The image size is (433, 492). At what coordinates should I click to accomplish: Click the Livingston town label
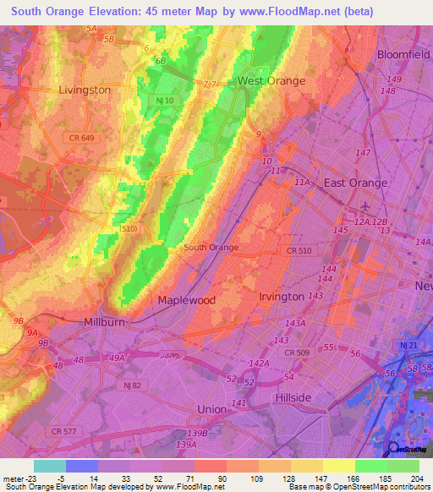click(x=85, y=90)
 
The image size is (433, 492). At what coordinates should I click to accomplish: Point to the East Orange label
click(x=356, y=183)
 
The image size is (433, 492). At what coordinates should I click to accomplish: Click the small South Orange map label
click(x=211, y=248)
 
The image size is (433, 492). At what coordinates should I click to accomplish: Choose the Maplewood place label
click(x=187, y=300)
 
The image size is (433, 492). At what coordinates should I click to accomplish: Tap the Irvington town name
click(x=282, y=297)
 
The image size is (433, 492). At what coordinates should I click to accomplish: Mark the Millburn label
click(x=105, y=322)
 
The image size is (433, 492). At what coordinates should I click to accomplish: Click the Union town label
click(x=211, y=409)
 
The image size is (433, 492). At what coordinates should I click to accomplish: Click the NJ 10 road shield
click(x=166, y=101)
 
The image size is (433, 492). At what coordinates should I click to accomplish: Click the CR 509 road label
click(x=297, y=353)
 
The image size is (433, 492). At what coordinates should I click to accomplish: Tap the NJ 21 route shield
click(x=409, y=346)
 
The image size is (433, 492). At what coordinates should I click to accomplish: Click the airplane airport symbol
click(x=364, y=205)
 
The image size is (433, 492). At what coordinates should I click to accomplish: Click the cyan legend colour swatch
click(x=49, y=466)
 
